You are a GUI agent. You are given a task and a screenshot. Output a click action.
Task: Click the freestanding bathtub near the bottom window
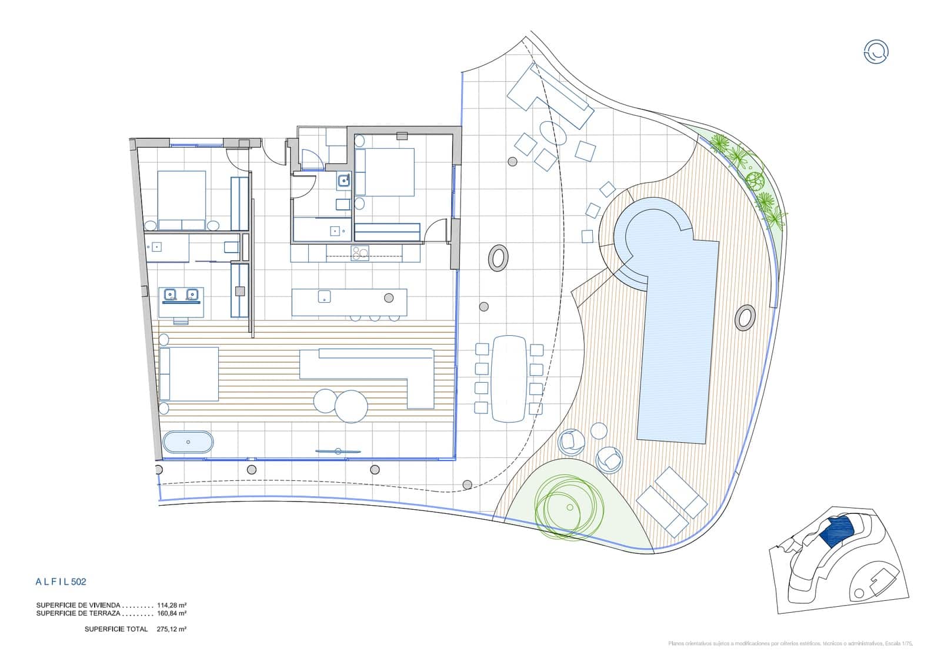coord(188,442)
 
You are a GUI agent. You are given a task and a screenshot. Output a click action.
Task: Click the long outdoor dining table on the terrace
coord(509,378)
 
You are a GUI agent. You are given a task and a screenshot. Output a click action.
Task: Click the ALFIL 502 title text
coord(61,582)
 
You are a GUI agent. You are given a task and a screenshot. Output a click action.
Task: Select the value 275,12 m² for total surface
coord(172,629)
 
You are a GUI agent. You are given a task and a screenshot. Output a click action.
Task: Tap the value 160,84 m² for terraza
coord(172,613)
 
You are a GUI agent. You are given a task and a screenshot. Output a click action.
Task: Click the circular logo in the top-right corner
coord(876,52)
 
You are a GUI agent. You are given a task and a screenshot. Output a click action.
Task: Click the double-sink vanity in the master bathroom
coord(181,295)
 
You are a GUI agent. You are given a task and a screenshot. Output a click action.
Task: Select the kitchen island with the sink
coord(349,302)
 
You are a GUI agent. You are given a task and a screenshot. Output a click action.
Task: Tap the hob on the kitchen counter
coord(359,253)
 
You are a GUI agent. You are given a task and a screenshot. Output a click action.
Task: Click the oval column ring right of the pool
coord(745,318)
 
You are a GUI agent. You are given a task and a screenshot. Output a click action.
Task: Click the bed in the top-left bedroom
coord(182,196)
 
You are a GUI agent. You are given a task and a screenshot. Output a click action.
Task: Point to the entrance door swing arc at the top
coord(272,152)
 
